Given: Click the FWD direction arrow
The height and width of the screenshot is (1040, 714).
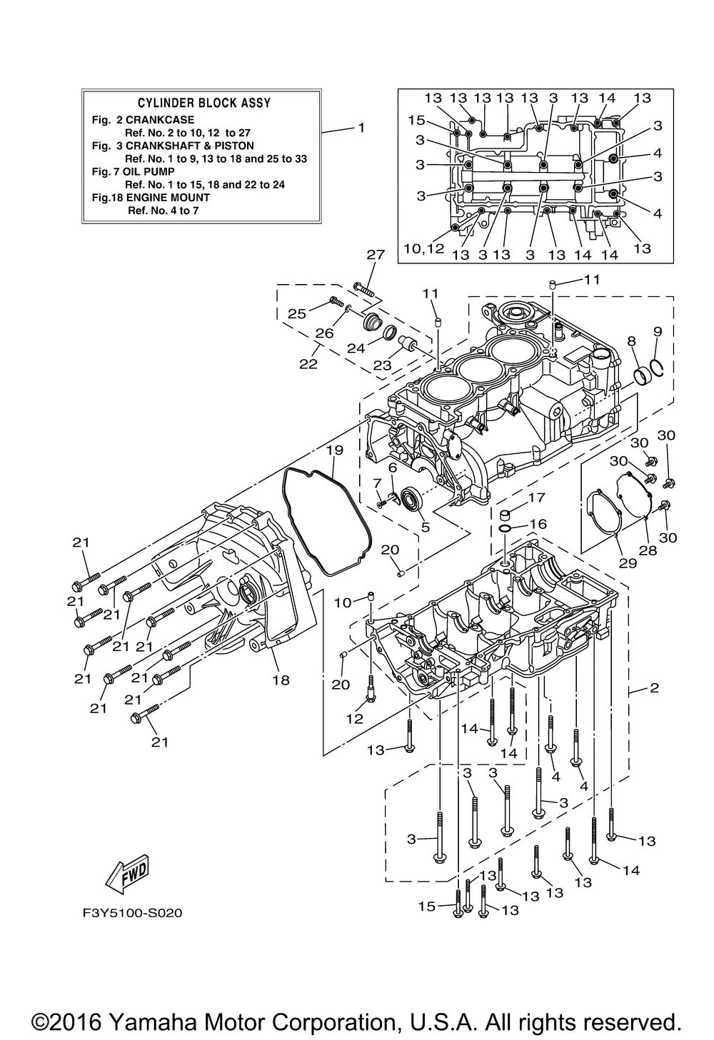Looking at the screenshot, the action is point(126,872).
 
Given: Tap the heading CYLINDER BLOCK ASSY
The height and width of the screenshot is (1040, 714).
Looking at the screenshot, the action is point(204,103).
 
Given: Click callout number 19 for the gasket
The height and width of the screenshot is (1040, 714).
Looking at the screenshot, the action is point(334,450).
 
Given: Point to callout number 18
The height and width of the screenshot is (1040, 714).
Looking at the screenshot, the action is point(281,680).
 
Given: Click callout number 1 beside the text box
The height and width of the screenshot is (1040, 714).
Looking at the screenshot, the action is point(361,127).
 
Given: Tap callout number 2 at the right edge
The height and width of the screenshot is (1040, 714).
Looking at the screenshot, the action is point(654,687).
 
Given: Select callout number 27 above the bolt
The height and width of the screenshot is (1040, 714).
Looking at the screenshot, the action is point(376,254).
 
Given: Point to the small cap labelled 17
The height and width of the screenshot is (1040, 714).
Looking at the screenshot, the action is point(506,514).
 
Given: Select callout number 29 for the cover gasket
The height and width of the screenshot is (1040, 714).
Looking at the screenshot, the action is point(628,563).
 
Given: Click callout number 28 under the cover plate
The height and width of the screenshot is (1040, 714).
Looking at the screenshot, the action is point(648,550).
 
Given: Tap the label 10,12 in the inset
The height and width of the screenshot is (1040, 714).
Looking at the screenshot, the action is point(423,249).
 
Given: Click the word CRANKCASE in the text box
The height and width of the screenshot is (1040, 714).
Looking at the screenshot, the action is point(160,120).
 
